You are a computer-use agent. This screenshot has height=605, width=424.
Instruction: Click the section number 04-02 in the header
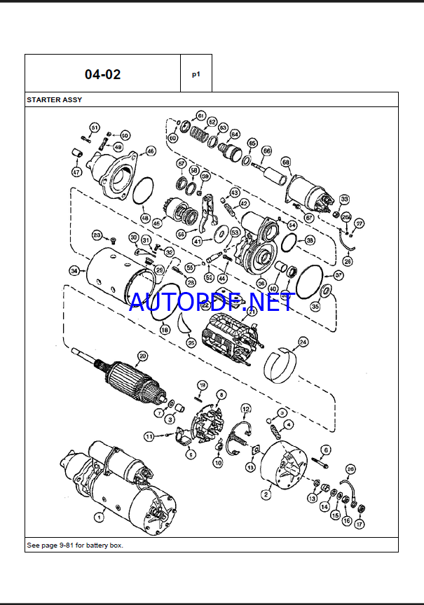pyautogui.click(x=102, y=74)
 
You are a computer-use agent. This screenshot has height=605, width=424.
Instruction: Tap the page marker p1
pyautogui.click(x=196, y=74)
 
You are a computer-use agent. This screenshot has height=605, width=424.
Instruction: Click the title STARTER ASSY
pyautogui.click(x=54, y=99)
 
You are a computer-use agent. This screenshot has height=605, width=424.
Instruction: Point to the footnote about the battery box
pyautogui.click(x=75, y=545)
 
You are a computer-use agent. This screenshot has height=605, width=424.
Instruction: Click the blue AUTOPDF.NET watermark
pyautogui.click(x=210, y=302)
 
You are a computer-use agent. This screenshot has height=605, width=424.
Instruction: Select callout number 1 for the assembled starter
pyautogui.click(x=99, y=517)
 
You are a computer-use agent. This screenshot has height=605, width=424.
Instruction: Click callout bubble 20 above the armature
pyautogui.click(x=142, y=356)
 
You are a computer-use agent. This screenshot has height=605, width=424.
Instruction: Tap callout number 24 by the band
pyautogui.click(x=303, y=342)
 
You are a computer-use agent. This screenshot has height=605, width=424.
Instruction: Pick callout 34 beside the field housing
pyautogui.click(x=74, y=270)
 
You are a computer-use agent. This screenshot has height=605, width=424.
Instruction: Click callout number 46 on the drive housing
pyautogui.click(x=150, y=151)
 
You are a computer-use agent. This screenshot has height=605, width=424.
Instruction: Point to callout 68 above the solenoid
pyautogui.click(x=285, y=162)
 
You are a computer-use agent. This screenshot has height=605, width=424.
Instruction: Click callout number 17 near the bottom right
pyautogui.click(x=360, y=524)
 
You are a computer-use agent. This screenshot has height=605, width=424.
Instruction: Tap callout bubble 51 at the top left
pyautogui.click(x=95, y=127)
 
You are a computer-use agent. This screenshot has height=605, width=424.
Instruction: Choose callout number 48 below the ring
pyautogui.click(x=145, y=218)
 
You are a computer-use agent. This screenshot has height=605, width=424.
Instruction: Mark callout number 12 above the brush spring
pyautogui.click(x=245, y=408)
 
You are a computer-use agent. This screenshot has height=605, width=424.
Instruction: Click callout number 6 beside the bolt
pyautogui.click(x=326, y=450)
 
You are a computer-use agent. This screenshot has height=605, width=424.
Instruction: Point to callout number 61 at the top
pyautogui.click(x=200, y=116)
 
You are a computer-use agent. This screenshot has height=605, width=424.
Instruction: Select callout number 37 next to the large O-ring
pyautogui.click(x=338, y=276)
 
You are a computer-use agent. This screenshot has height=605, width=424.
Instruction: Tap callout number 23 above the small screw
pyautogui.click(x=97, y=235)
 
